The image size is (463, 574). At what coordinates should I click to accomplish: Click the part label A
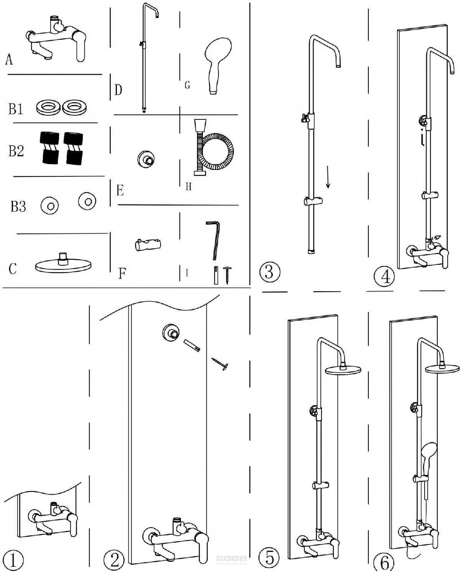[x=9, y=60]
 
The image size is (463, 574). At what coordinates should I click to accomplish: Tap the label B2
[x=16, y=151]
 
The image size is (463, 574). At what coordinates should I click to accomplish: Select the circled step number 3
[x=269, y=272]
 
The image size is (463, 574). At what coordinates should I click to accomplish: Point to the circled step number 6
[x=384, y=563]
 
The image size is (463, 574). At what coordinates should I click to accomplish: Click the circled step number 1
[x=13, y=560]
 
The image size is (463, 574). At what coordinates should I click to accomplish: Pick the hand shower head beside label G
[x=217, y=63]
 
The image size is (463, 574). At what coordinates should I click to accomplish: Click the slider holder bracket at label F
[x=148, y=245]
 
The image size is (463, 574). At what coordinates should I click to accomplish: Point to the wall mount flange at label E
[x=146, y=159]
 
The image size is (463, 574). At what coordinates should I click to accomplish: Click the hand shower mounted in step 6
[x=428, y=453]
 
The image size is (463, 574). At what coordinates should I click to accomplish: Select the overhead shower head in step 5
[x=343, y=369]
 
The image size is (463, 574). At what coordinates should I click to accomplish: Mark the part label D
[x=118, y=90]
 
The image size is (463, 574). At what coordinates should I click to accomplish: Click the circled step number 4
[x=385, y=276]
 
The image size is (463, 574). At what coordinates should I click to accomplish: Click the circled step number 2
[x=114, y=560]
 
